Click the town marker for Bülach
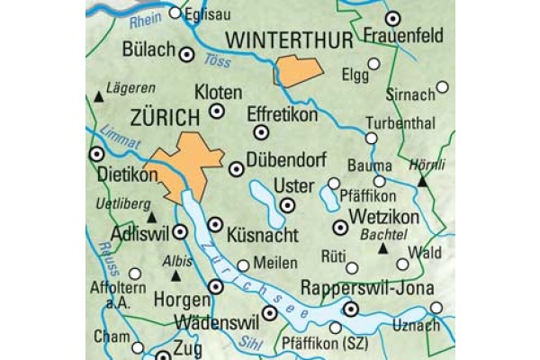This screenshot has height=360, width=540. click(187, 54)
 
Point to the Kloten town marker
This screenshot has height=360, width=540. click(216, 111)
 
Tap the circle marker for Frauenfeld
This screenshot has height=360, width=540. click(392, 18)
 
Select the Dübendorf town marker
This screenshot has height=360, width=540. click(237, 168)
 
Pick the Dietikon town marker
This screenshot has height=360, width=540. click(97, 154)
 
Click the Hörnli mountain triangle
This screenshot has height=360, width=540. click(421, 182)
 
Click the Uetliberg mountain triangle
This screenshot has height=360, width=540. click(152, 217)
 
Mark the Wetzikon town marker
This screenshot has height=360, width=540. click(340, 228)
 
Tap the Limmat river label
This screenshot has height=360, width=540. click(122, 139)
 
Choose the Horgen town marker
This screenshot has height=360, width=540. click(215, 286)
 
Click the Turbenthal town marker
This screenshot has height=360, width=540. click(372, 138)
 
